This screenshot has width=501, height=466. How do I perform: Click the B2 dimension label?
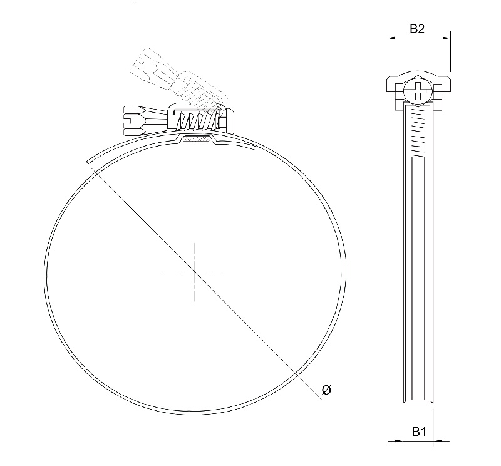click(418, 28)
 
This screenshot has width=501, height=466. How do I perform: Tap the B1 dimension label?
click(419, 431)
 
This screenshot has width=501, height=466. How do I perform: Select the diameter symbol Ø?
click(326, 390)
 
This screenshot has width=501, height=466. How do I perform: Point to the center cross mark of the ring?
click(194, 272)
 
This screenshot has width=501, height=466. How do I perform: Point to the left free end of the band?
click(90, 164)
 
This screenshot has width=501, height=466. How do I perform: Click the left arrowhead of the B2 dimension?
click(391, 38)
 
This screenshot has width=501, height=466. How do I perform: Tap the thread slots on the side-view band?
click(418, 135)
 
